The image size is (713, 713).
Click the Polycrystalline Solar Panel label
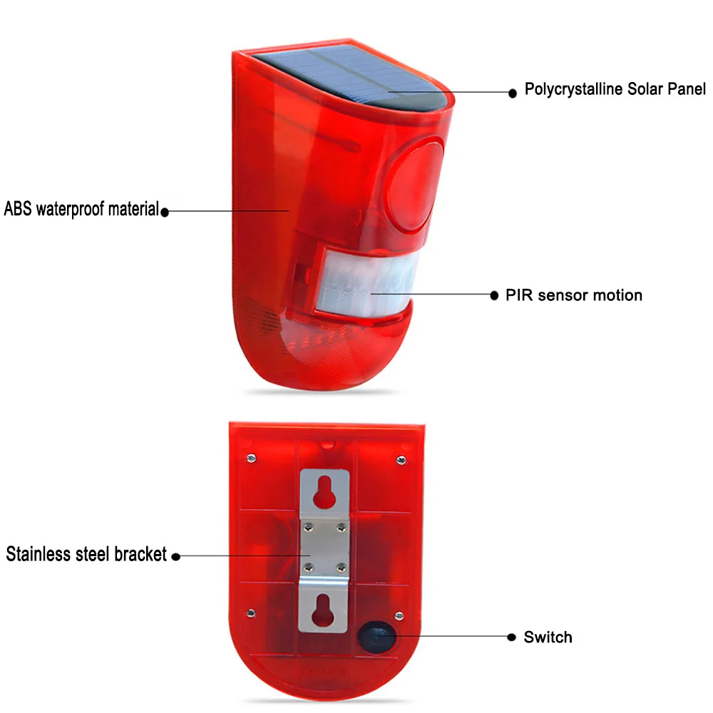(x=615, y=89)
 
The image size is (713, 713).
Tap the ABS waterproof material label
(x=81, y=210)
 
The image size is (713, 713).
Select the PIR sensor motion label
(x=574, y=295)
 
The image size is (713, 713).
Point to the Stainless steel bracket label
(x=86, y=554)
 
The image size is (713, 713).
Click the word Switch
(x=548, y=637)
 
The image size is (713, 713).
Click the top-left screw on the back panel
(x=251, y=457)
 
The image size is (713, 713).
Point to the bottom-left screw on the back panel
(x=251, y=611)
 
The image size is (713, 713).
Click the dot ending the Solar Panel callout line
(x=512, y=92)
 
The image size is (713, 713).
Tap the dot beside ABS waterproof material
(x=165, y=211)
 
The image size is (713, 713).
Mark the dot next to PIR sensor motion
(x=493, y=295)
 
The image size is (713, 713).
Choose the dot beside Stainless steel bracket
(x=176, y=555)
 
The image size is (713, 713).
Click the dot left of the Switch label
(x=511, y=636)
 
